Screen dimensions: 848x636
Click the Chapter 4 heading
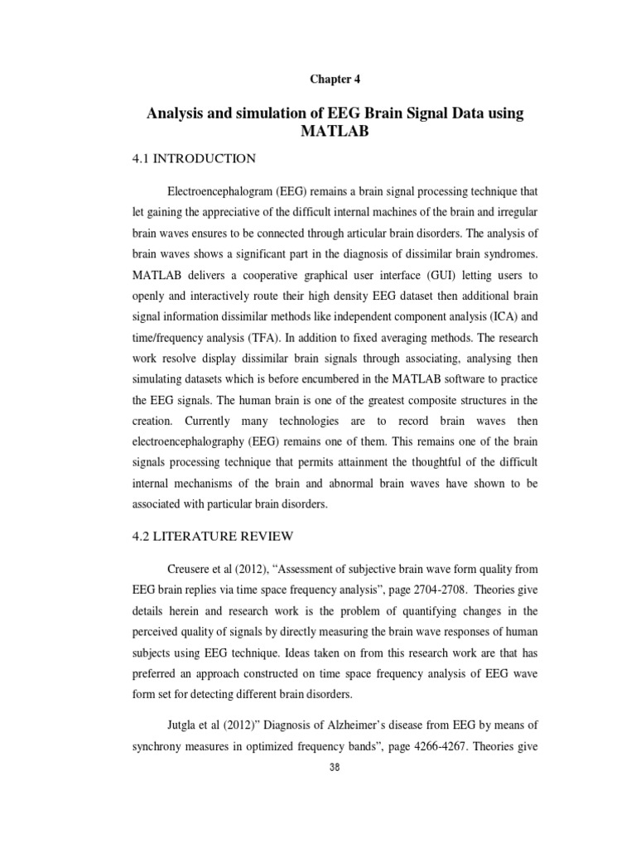coord(335,79)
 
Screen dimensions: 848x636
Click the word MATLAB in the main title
coord(335,132)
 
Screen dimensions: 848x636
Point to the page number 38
coord(335,767)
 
